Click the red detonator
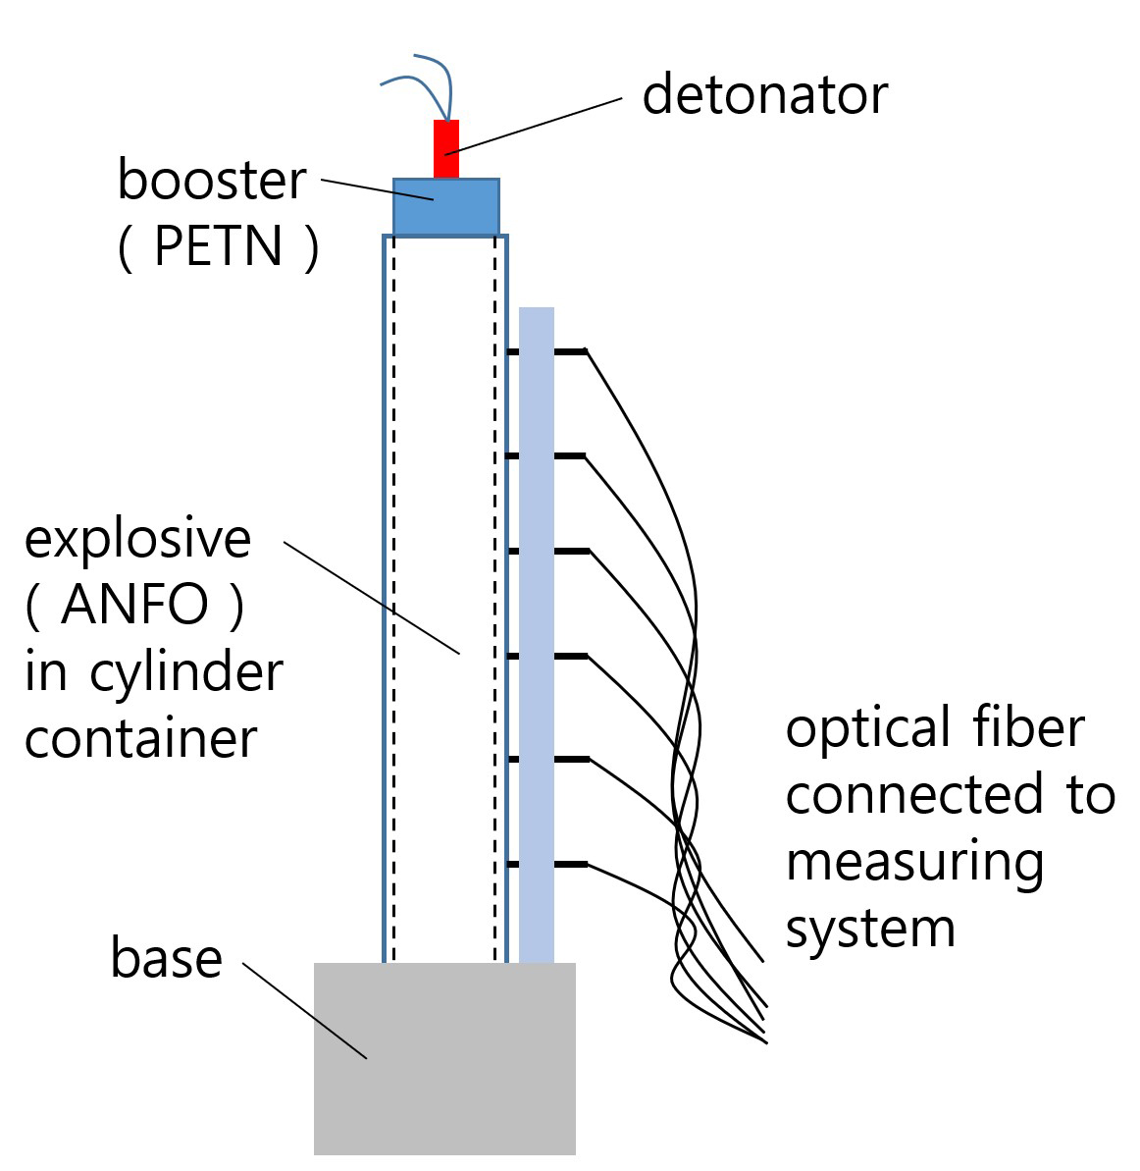tap(446, 149)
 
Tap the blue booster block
tap(446, 207)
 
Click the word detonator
tap(764, 95)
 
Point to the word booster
tap(212, 181)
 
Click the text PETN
tap(219, 245)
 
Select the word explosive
tap(137, 540)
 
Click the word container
tap(141, 737)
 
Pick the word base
tap(166, 958)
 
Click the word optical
tap(869, 729)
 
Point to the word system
tap(870, 928)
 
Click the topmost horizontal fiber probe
tap(546, 350)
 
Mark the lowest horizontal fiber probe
tap(547, 865)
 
